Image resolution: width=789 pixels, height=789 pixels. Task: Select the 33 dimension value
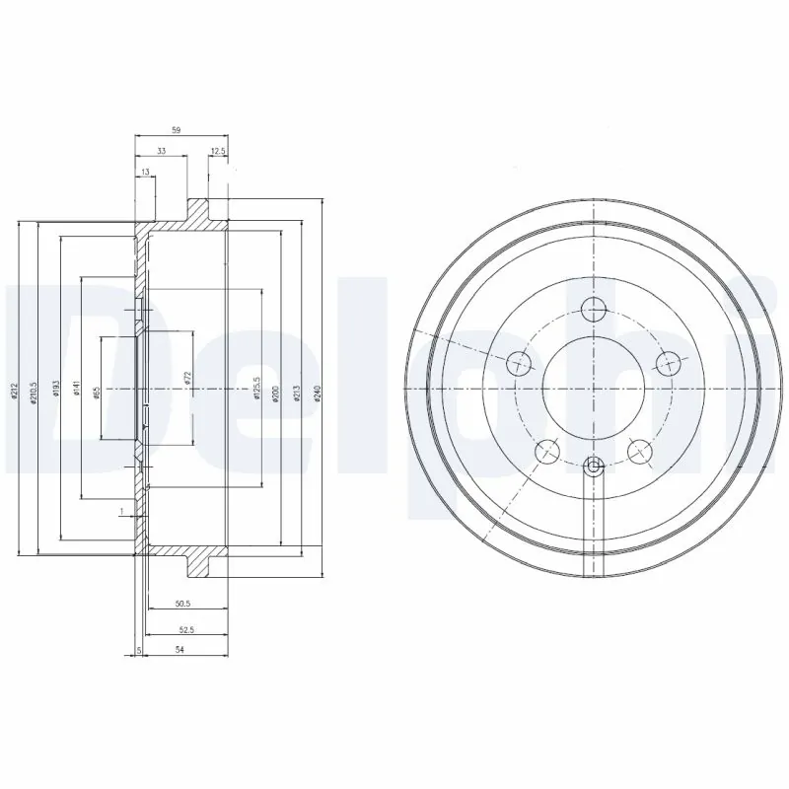pyautogui.click(x=160, y=150)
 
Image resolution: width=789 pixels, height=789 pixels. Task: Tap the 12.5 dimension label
pyautogui.click(x=218, y=150)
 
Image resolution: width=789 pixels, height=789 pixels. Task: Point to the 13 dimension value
pyautogui.click(x=146, y=172)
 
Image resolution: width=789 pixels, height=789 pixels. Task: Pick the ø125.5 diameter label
pyautogui.click(x=257, y=389)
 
